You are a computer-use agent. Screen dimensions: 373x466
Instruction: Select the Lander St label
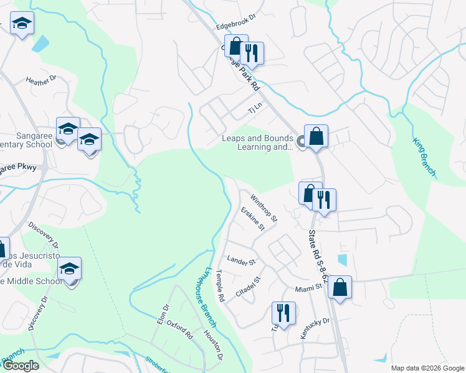[242, 261]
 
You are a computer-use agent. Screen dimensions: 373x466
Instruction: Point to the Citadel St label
[247, 281]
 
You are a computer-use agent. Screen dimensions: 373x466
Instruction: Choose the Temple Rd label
[221, 286]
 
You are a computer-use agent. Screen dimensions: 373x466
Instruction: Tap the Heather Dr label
[40, 80]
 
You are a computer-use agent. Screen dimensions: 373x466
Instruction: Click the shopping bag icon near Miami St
[340, 287]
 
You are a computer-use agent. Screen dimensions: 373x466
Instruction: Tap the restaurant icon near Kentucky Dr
[283, 313]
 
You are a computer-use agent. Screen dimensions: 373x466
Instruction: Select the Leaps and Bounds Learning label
[257, 142]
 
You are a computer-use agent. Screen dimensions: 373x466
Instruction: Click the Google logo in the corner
[20, 366]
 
